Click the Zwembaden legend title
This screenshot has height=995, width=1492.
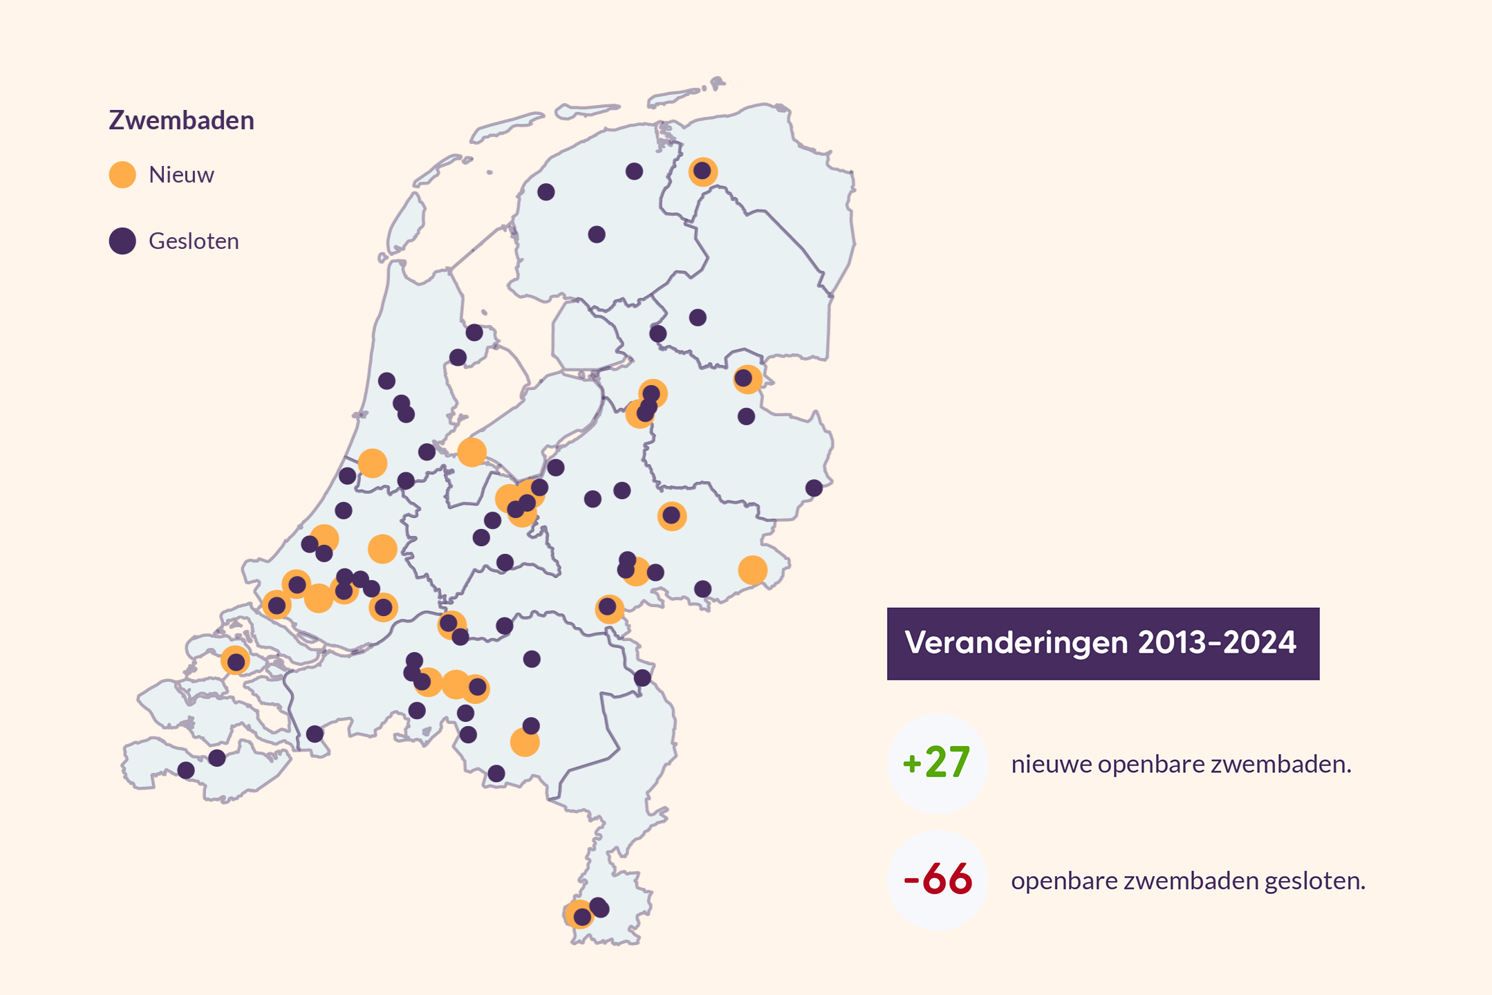point(181,120)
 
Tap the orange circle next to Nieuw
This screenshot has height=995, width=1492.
point(122,175)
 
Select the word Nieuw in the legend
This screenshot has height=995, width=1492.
point(181,175)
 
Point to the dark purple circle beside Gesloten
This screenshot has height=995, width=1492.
point(122,241)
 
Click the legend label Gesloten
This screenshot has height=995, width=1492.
point(194,241)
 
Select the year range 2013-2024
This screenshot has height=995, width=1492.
point(1217,643)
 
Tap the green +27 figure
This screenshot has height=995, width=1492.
point(937,763)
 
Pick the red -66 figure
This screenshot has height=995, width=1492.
point(938,880)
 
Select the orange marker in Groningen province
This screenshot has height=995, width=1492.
point(703,171)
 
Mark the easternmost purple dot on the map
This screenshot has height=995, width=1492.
point(814,488)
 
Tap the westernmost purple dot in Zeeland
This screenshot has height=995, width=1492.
point(186,770)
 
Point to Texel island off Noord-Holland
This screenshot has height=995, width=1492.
point(407,221)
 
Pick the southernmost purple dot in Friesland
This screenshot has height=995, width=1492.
point(597,234)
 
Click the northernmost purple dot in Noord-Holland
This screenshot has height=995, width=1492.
point(474,333)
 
